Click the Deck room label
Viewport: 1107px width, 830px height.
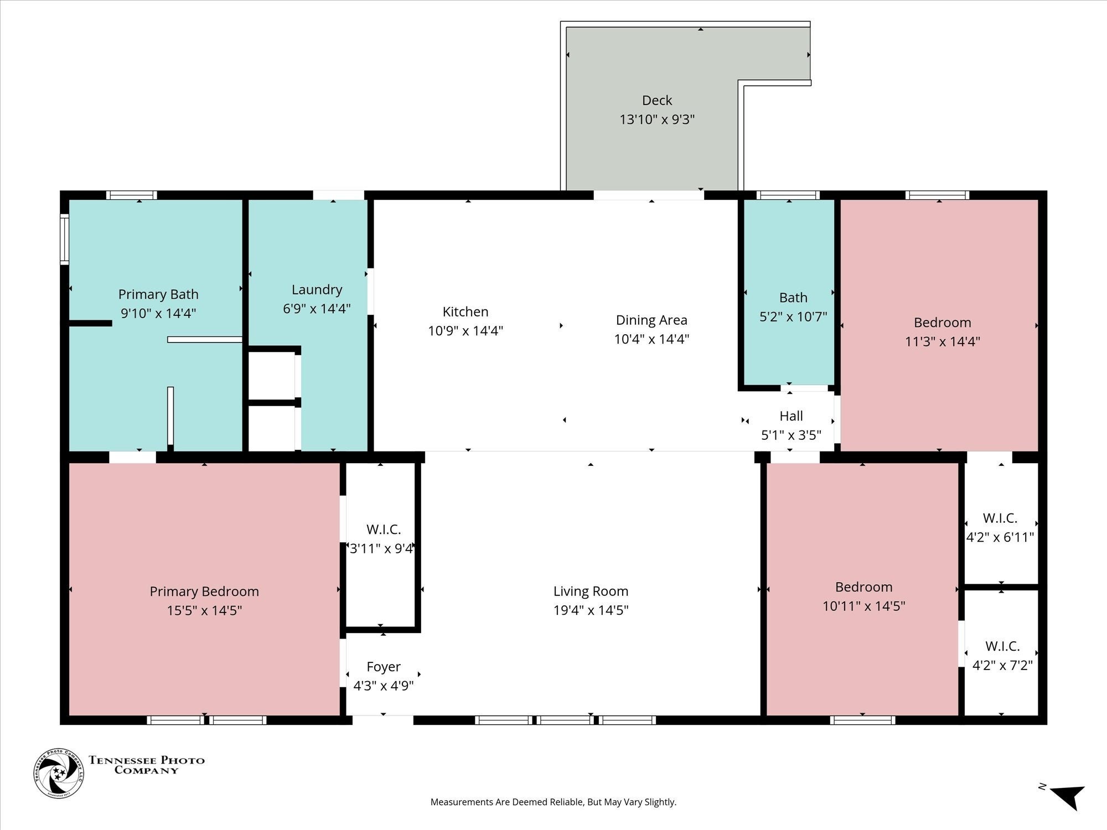pos(657,101)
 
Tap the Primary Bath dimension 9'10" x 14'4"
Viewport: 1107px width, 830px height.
pos(158,313)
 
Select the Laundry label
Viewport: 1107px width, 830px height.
pos(317,290)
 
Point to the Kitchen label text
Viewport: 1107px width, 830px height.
pos(465,312)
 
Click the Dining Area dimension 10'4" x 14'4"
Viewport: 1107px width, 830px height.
pos(651,339)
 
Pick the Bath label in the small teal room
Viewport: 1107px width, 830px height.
pos(793,298)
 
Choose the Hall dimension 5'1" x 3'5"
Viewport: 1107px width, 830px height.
pos(791,435)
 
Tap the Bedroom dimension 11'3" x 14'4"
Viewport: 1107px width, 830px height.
pos(942,341)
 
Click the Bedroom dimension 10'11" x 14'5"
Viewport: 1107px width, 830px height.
pos(863,606)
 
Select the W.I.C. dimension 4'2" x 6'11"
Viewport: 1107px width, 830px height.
pos(1000,537)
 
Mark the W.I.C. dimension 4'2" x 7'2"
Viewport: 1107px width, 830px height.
pos(1002,665)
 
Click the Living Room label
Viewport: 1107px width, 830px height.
pos(591,591)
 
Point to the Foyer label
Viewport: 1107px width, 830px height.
pos(384,667)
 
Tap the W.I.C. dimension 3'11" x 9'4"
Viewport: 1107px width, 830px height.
pos(382,548)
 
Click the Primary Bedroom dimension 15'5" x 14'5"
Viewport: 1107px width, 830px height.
pos(204,610)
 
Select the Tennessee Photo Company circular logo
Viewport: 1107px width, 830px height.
pos(59,773)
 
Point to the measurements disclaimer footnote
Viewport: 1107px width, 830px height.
pos(553,802)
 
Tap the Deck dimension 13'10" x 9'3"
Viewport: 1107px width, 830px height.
pos(657,120)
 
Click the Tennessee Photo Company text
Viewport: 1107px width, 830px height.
pos(147,765)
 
